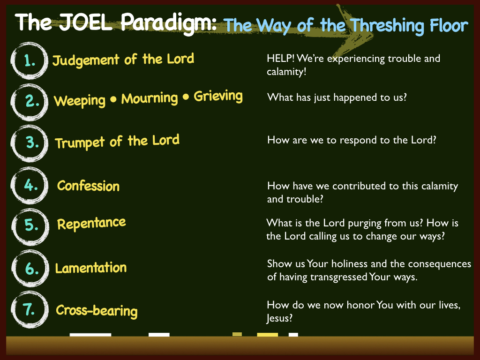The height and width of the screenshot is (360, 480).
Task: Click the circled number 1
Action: pos(30,60)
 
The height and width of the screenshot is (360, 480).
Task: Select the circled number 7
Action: pos(30,309)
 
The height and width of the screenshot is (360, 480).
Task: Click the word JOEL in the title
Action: pos(85,22)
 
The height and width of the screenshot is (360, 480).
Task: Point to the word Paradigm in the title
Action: pos(169,23)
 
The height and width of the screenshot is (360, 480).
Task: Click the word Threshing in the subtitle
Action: pos(387,26)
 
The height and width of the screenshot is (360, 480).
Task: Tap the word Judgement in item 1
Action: pos(86,60)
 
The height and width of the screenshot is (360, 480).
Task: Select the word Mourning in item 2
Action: pos(150,98)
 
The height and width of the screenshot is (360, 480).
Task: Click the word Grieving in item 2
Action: pos(218,96)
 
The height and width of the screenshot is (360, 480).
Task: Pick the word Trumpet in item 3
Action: pos(80,143)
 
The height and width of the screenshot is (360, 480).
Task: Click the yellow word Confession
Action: pos(88,186)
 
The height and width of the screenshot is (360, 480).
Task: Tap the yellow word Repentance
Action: pos(91,224)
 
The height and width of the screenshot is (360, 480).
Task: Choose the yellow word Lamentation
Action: pos(90,268)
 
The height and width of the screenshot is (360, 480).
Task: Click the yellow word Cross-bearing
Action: pos(97,311)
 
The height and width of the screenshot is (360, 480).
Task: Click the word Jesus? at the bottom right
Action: pos(279,318)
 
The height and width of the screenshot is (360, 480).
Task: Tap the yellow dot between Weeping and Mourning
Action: pos(113,99)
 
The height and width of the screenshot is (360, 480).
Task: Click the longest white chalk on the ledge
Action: pos(90,335)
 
